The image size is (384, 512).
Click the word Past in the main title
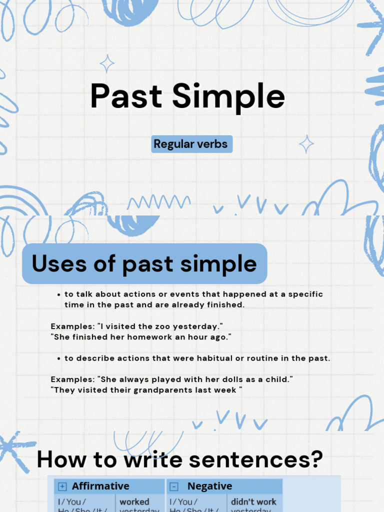click(126, 96)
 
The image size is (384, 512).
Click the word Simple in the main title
click(228, 96)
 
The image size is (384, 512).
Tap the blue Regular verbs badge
click(190, 144)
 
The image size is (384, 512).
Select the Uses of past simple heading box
click(144, 263)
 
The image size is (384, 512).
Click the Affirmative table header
click(100, 486)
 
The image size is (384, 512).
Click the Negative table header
click(209, 486)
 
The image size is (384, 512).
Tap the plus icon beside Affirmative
click(62, 486)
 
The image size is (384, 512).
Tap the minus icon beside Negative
click(174, 486)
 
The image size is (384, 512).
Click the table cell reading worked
click(134, 501)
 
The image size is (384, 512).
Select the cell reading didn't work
click(253, 501)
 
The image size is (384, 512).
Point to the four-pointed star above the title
click(106, 63)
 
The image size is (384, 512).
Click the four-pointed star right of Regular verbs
click(306, 144)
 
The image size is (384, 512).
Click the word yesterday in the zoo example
click(199, 326)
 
